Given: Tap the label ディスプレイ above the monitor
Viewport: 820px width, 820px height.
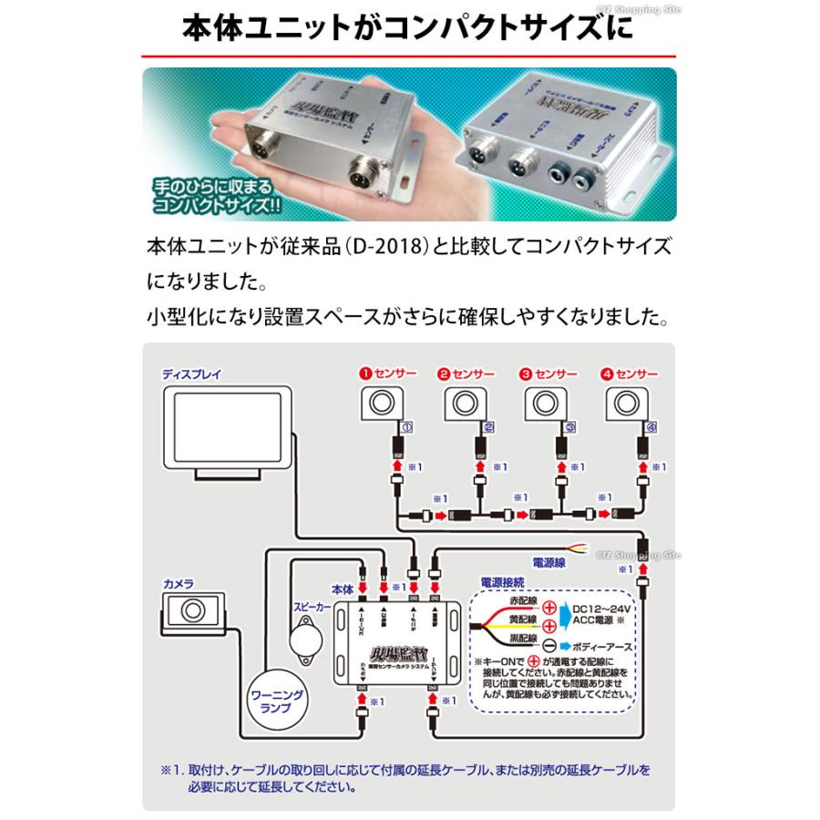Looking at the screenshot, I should tap(192, 374).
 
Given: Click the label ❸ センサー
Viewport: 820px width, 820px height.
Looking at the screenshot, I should tap(548, 374).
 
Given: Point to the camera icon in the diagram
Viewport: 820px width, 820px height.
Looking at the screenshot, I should tap(194, 609).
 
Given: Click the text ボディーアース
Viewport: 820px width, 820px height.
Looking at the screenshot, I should tap(613, 644).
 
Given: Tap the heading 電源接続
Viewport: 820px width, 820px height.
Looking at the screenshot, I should tap(502, 580).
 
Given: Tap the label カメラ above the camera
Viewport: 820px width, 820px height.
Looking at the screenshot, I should tap(179, 580).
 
